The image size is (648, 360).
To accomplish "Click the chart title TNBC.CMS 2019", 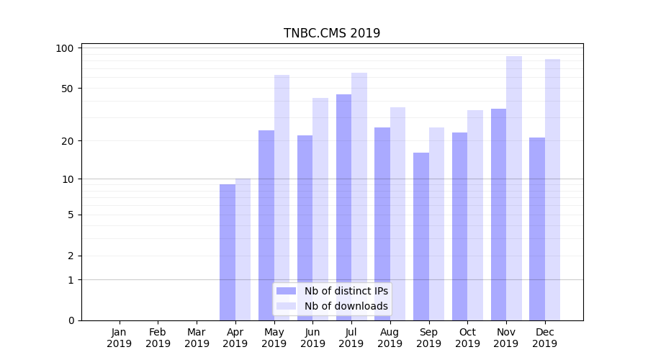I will tap(331, 33).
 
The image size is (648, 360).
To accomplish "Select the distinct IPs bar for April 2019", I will tap(228, 252).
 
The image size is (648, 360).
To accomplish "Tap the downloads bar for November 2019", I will tap(514, 188).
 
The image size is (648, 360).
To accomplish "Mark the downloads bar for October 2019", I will tap(475, 215).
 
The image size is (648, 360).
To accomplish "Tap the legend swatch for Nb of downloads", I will tap(286, 306).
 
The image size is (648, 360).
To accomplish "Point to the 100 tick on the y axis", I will tap(66, 48).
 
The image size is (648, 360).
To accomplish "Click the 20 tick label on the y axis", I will tap(68, 140).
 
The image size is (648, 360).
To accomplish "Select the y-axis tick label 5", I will tap(71, 215).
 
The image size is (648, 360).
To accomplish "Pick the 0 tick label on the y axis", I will tap(71, 320).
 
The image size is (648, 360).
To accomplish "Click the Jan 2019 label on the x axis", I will tap(120, 338).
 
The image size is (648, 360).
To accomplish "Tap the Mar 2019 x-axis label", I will tap(197, 338).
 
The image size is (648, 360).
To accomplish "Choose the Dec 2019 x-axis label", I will tap(544, 338).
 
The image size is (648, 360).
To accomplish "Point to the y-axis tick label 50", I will tap(68, 89).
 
